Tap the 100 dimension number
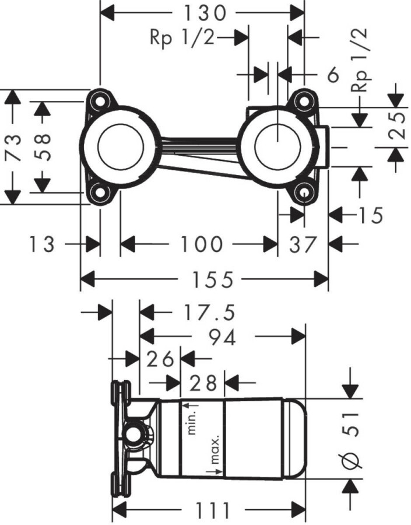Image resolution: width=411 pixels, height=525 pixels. tap(201, 244)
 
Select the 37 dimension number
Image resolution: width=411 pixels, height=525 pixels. tap(303, 244)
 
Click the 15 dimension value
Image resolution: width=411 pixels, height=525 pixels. tap(370, 215)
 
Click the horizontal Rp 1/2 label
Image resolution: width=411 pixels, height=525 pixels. tap(182, 38)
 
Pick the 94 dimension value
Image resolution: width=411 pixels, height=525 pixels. tap(223, 337)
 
